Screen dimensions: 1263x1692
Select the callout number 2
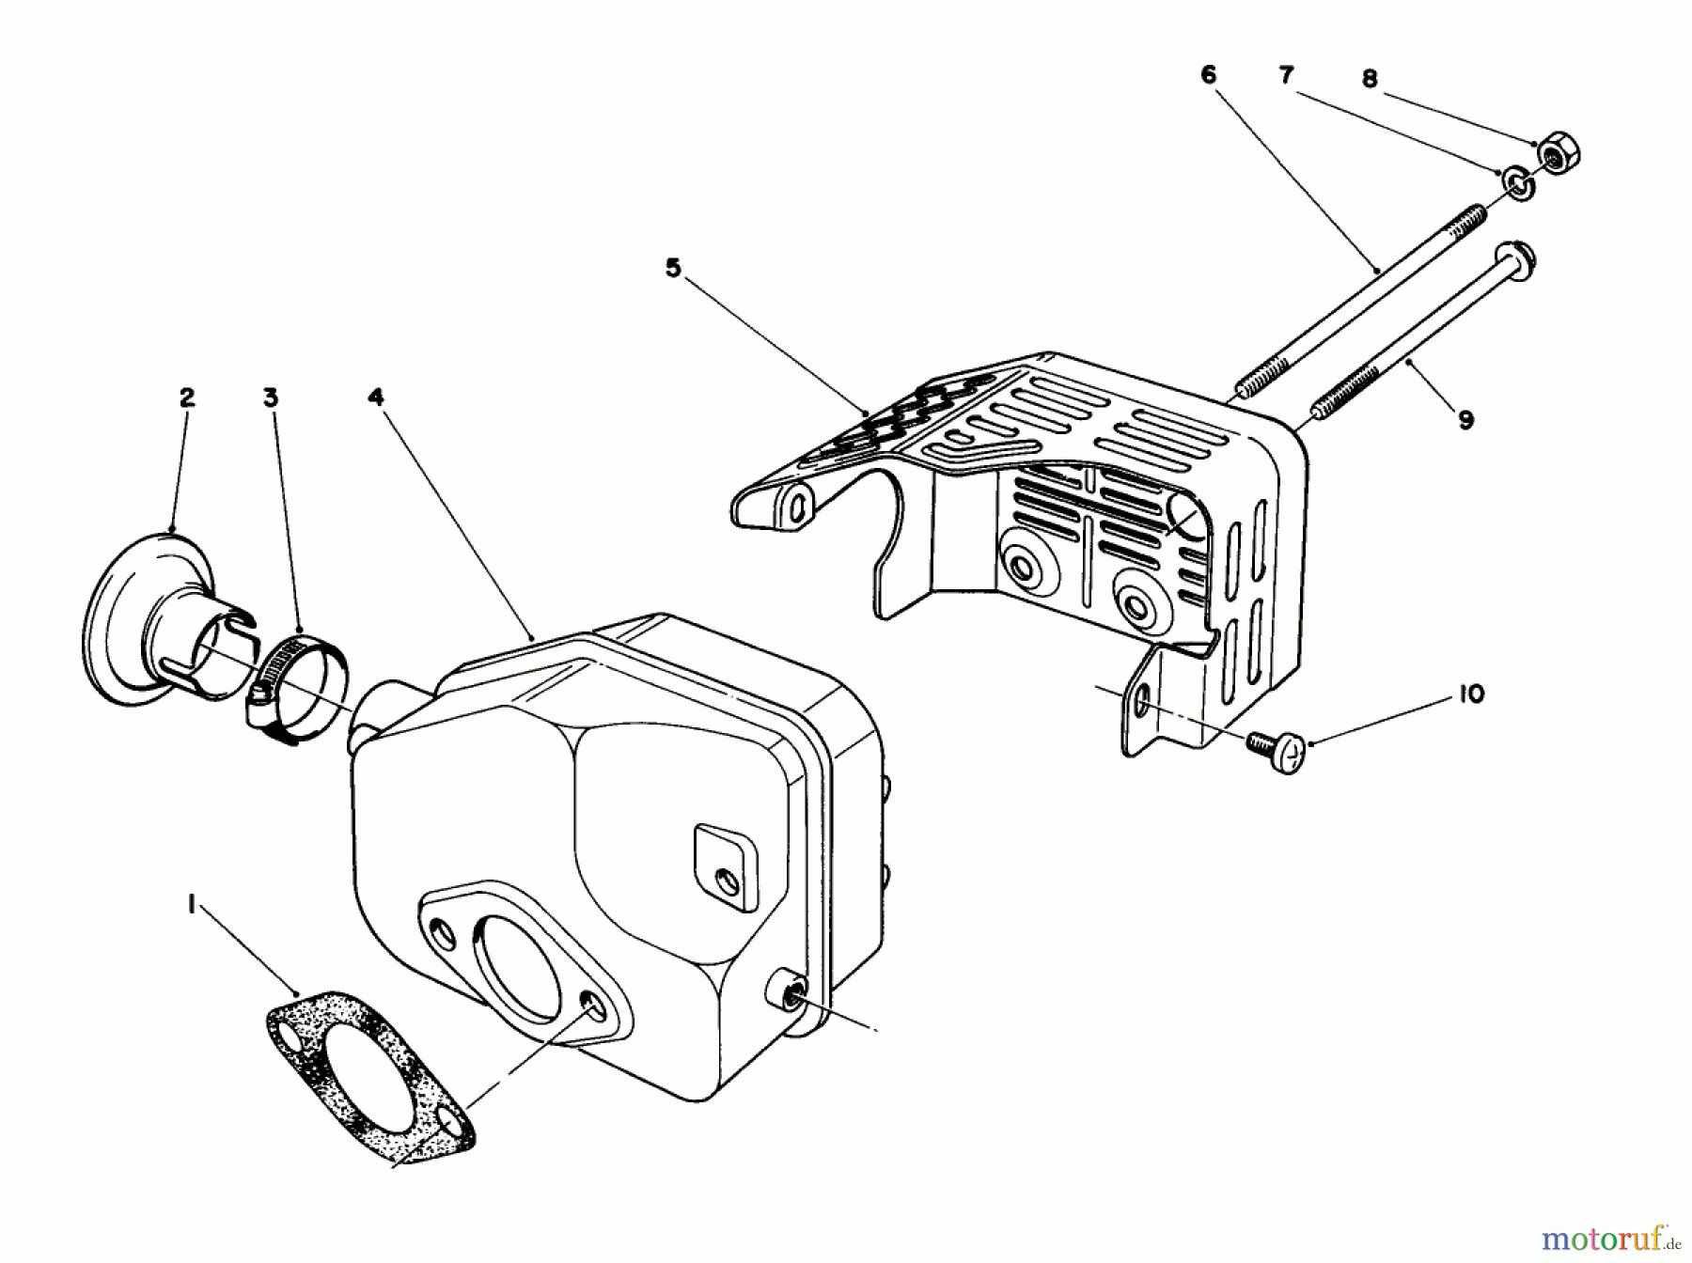point(186,398)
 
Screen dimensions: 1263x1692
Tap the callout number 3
point(271,398)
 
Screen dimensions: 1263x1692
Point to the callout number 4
point(376,398)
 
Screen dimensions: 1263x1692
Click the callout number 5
point(672,268)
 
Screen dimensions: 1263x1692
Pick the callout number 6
point(1209,74)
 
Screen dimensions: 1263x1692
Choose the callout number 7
point(1287,74)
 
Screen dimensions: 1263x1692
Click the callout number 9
point(1465,420)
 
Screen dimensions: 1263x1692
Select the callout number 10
point(1472,694)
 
